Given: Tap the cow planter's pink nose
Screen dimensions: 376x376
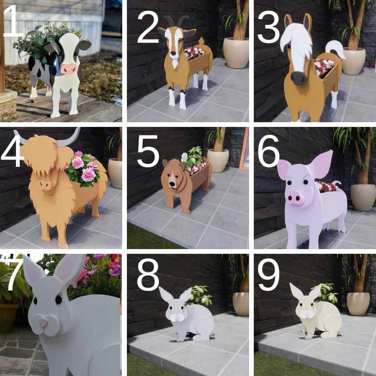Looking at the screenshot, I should click(69, 69).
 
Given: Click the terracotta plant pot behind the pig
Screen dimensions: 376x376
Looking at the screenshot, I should click(363, 196).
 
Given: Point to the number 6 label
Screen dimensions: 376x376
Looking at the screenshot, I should click(269, 151).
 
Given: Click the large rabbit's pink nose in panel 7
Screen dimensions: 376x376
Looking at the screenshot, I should click(43, 322).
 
